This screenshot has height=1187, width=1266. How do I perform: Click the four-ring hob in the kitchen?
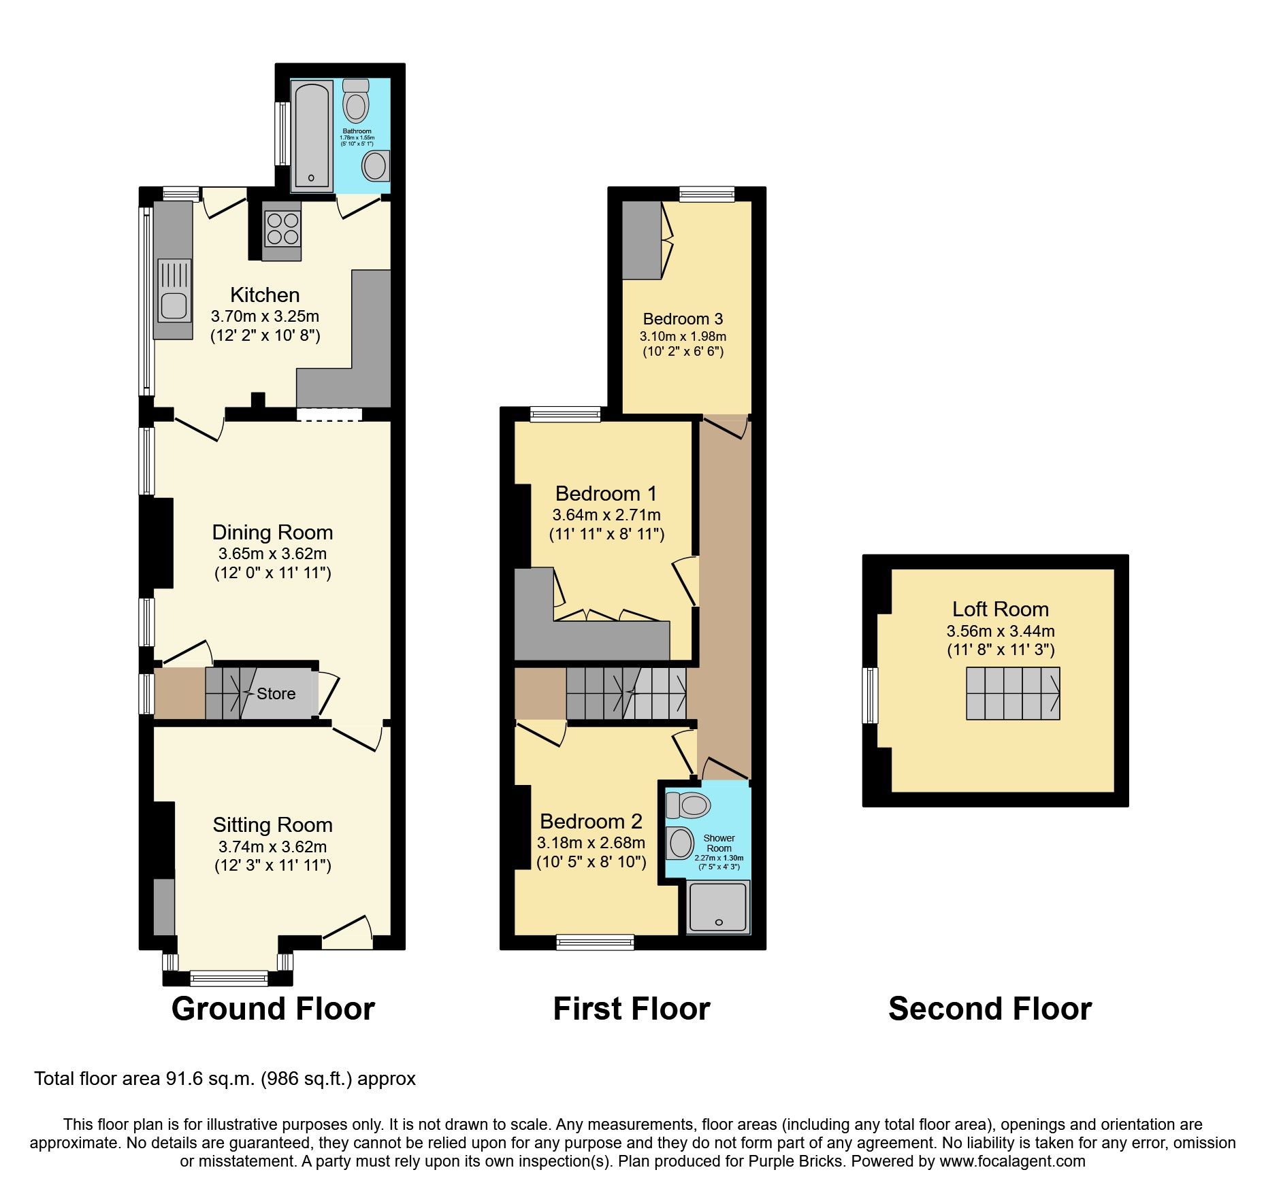click(282, 229)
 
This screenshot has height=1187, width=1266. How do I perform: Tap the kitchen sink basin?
click(174, 305)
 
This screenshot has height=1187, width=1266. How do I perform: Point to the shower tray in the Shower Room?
click(718, 907)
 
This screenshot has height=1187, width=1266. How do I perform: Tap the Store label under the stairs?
click(276, 694)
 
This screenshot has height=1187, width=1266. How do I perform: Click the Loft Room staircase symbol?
click(1013, 693)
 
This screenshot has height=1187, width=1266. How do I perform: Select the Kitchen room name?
click(265, 295)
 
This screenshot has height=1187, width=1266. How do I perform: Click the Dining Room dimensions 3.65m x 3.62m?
click(272, 554)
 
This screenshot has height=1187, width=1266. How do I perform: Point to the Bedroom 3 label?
click(683, 318)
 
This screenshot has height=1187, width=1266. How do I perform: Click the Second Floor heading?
click(990, 1008)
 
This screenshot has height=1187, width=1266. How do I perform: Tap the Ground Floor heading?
click(273, 1008)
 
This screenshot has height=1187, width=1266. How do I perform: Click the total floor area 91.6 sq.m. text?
click(225, 1078)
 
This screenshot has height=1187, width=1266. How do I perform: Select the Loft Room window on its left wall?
click(870, 695)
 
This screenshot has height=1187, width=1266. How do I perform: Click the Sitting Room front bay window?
click(229, 979)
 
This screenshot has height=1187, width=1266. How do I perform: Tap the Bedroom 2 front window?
click(595, 941)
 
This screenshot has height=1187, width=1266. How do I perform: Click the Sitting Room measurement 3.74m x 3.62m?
click(272, 847)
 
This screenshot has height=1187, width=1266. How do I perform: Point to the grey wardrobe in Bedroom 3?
click(642, 240)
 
